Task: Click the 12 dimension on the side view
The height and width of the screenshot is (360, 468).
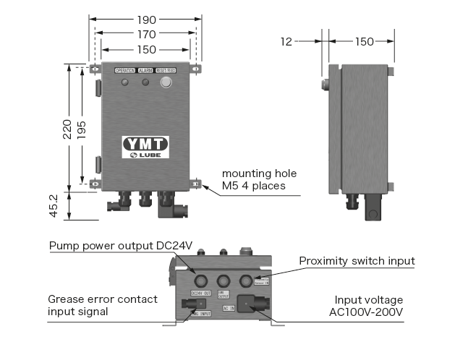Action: (286, 42)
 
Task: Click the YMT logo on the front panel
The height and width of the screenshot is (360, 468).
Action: (145, 143)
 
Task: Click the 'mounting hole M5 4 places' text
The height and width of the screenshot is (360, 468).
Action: (259, 180)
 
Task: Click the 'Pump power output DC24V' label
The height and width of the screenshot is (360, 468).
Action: (122, 246)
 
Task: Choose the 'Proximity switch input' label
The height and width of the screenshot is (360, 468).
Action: (357, 260)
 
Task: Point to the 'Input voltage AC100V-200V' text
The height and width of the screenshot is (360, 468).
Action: (368, 306)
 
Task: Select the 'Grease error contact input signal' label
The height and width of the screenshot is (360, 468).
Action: (102, 305)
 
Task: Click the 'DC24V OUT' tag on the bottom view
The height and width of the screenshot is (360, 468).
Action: (200, 293)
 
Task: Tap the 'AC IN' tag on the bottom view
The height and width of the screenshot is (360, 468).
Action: (228, 308)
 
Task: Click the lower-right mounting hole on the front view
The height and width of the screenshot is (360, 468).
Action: (196, 184)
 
